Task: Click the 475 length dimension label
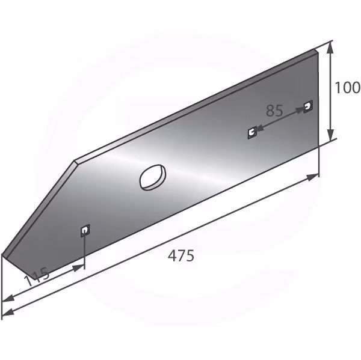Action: (181, 256)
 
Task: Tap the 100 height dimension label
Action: (347, 87)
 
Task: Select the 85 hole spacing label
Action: (274, 111)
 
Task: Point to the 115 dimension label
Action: (37, 276)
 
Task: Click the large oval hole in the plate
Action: (153, 177)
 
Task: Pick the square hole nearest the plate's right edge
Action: (308, 106)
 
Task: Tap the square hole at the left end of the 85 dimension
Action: (252, 132)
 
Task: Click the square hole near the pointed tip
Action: (85, 231)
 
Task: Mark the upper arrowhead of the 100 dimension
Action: (330, 47)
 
